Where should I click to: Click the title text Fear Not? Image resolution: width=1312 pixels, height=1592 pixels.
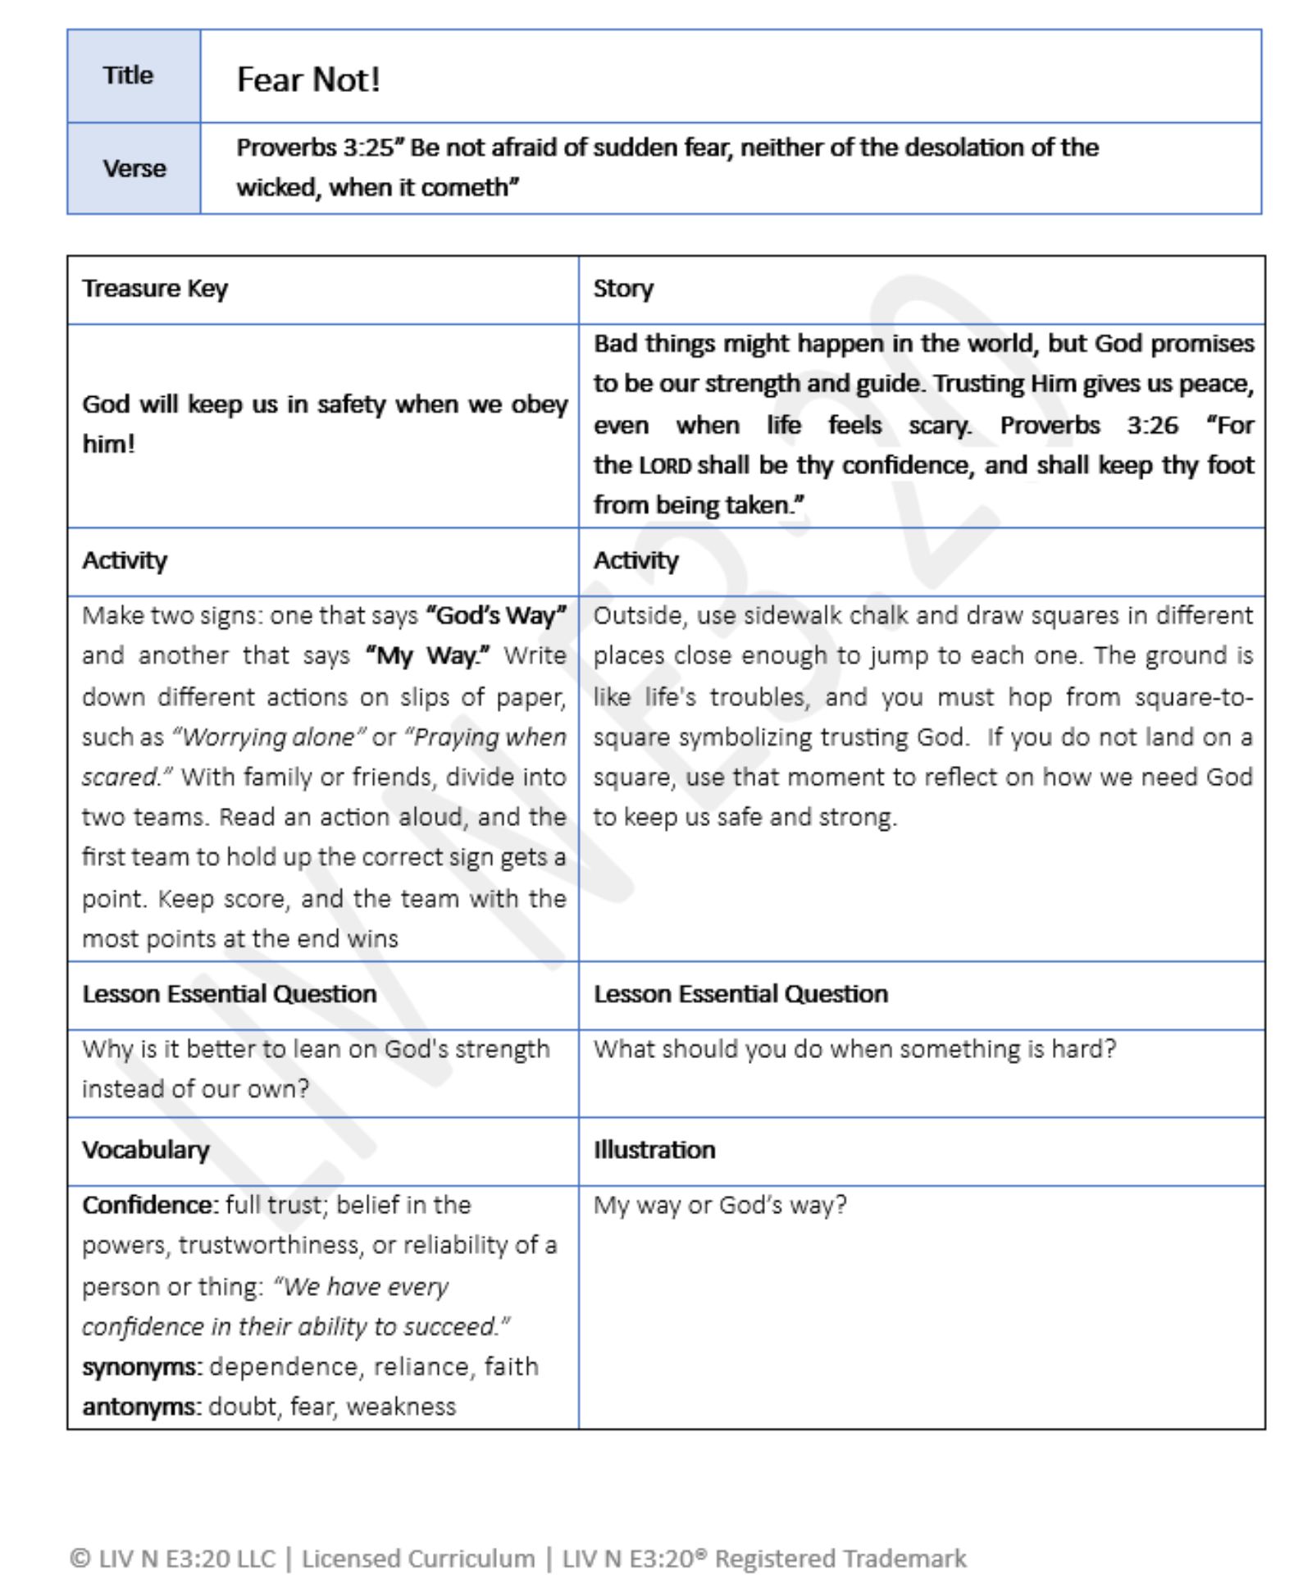point(308,80)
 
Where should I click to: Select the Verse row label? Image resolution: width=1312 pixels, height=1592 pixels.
point(134,168)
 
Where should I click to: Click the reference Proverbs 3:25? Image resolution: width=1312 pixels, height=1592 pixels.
point(315,148)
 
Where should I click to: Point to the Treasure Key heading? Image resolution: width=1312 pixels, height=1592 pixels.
point(155,289)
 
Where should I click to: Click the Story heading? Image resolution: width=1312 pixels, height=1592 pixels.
point(623,289)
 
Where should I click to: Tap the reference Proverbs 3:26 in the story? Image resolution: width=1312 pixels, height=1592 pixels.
point(1088,425)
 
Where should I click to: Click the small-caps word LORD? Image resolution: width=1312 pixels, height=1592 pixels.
point(665,466)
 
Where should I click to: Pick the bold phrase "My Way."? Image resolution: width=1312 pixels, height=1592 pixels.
point(427,656)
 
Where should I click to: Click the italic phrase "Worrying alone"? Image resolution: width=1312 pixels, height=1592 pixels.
point(268,737)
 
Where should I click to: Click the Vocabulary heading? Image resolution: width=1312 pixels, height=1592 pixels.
point(146,1150)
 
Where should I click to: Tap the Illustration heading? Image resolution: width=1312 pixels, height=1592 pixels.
point(654,1150)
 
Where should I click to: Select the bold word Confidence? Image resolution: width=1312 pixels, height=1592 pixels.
point(149,1205)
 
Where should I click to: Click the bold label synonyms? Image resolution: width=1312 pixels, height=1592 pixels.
point(141,1366)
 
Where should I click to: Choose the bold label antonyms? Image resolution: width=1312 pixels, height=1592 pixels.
point(141,1407)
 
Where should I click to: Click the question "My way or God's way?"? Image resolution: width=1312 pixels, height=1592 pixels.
point(720,1205)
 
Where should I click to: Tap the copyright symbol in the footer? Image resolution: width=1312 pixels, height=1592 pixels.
point(80,1558)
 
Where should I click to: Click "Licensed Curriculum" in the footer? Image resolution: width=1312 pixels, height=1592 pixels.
point(418,1558)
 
